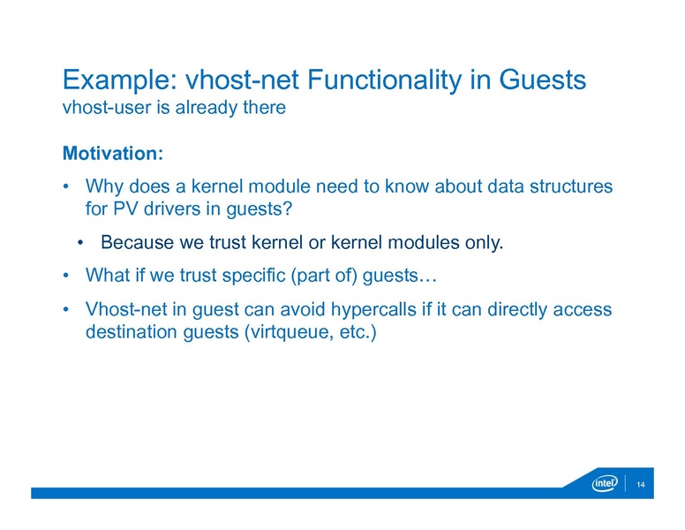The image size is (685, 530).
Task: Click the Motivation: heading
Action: [x=113, y=154]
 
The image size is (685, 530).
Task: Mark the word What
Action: [x=107, y=276]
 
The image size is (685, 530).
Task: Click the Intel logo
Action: [x=605, y=483]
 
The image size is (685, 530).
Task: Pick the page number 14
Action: [x=641, y=484]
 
